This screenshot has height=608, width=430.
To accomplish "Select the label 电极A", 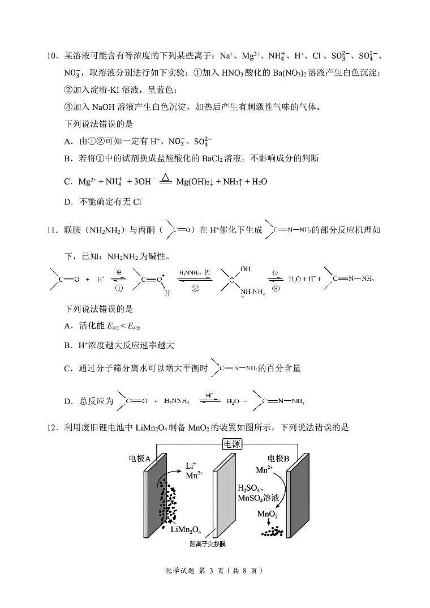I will (140, 458).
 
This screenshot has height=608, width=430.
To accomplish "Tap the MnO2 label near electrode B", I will (268, 514).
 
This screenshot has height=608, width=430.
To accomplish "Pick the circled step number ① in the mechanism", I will (119, 288).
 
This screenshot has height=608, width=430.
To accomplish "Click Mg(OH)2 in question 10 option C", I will (196, 182).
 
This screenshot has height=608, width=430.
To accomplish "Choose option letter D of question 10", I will (67, 201).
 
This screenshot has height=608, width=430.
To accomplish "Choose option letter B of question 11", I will (67, 345).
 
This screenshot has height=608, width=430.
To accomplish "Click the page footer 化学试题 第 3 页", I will (215, 571).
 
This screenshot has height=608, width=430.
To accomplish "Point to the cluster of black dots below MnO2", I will (273, 532).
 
